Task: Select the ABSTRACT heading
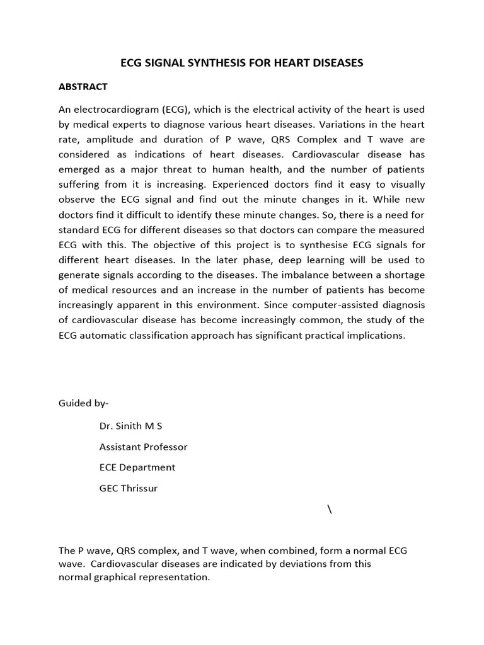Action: [x=83, y=87]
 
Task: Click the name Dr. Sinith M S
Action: [x=131, y=426]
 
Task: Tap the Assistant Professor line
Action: [x=143, y=447]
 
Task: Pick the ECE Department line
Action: [x=137, y=467]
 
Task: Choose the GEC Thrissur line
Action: [x=129, y=488]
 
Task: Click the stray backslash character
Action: [x=330, y=510]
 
